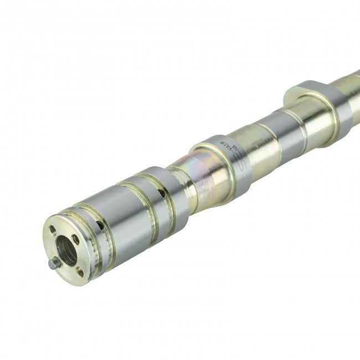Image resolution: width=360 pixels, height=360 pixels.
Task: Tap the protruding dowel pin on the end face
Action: click(52, 265)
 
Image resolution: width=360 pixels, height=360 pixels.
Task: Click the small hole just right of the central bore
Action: click(76, 239)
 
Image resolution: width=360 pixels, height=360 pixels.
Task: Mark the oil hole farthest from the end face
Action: click(161, 194)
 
